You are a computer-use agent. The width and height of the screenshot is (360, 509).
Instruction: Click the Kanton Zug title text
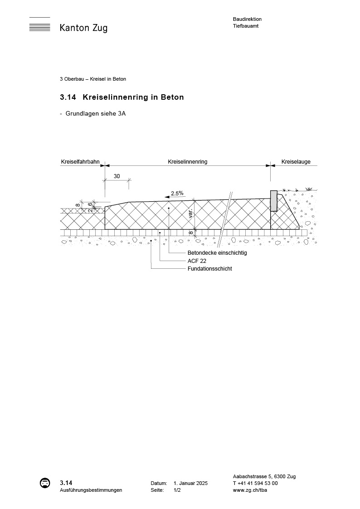click(x=83, y=28)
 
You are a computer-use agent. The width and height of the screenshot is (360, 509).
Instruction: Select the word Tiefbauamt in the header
click(x=245, y=26)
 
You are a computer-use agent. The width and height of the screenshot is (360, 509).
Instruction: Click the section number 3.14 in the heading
click(x=68, y=97)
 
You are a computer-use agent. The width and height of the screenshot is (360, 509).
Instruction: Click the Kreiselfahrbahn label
click(x=80, y=162)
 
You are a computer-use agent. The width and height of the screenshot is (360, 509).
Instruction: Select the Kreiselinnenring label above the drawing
click(x=187, y=162)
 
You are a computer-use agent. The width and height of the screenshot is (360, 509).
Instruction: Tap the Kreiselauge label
click(x=296, y=162)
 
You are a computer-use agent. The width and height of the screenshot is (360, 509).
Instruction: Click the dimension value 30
click(x=117, y=176)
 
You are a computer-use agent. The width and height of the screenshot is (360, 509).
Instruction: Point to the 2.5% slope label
click(x=177, y=193)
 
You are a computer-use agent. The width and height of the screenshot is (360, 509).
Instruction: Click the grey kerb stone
click(x=273, y=201)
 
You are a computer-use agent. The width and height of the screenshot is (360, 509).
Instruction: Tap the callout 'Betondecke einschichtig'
click(x=217, y=253)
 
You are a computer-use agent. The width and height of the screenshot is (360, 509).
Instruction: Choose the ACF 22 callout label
click(x=197, y=261)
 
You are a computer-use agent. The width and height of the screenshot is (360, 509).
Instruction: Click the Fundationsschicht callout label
click(x=209, y=269)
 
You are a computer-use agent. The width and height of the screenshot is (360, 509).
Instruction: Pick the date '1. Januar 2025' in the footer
click(x=190, y=484)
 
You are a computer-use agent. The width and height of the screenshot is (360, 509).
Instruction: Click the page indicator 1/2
click(x=177, y=490)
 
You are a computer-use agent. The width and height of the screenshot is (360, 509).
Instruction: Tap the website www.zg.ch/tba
click(x=249, y=490)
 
